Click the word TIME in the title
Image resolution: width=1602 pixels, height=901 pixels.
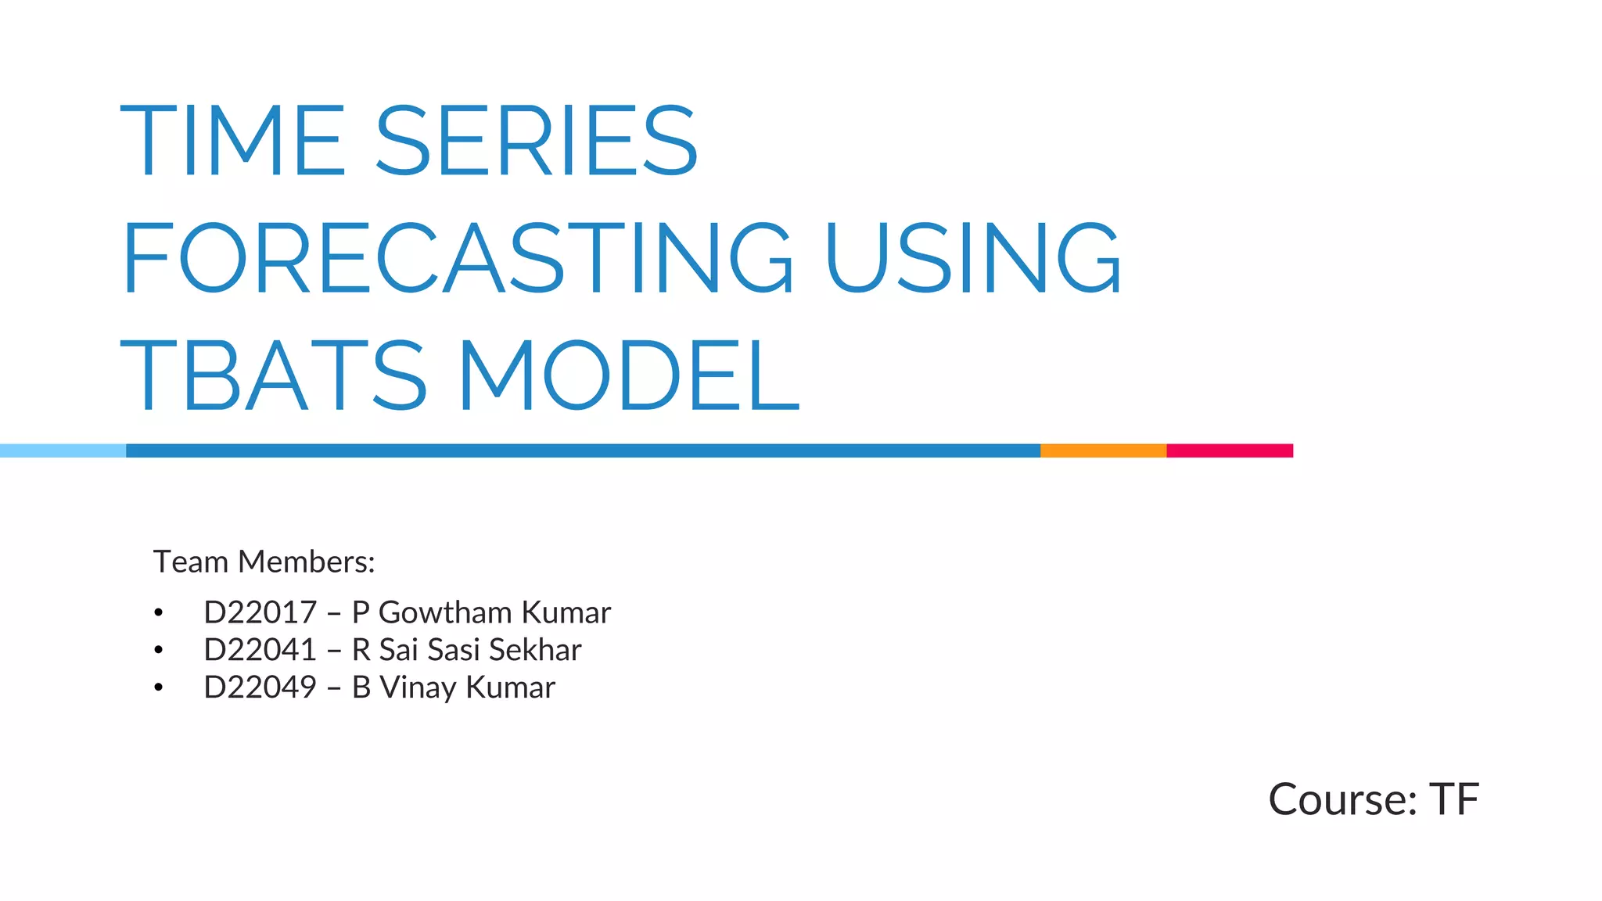pos(232,141)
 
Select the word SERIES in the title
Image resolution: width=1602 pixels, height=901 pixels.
pos(537,141)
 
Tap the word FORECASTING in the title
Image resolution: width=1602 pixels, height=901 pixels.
pos(458,257)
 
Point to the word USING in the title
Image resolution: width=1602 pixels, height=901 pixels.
pos(973,257)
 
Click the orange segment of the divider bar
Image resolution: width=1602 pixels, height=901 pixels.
pos(1103,450)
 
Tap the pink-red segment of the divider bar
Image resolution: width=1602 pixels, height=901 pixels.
pos(1230,450)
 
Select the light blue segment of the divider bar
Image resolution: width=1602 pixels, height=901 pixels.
pos(63,450)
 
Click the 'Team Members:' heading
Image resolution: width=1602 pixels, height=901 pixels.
pos(264,562)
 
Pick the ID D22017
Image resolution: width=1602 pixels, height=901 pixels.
pos(260,612)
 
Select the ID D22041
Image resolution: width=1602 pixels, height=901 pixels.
pos(260,650)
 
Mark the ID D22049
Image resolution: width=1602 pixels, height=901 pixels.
pos(260,687)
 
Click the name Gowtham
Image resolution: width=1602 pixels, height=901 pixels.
pos(445,612)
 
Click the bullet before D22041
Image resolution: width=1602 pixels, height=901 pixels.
pos(159,650)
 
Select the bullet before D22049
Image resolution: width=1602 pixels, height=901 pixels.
pos(159,687)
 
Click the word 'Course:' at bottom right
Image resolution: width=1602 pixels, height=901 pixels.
pos(1342,799)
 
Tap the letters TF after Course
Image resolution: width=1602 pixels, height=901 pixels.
pos(1454,799)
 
